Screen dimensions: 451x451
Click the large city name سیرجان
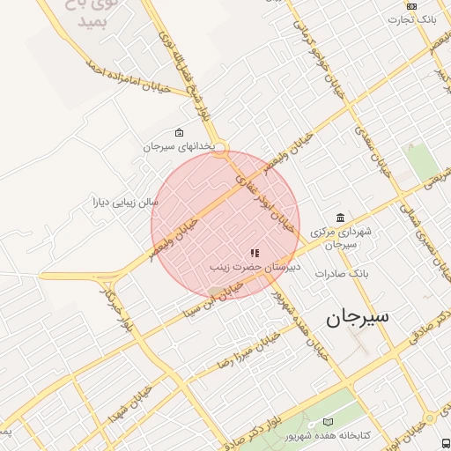point(358,318)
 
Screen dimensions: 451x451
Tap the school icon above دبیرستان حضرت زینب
point(255,253)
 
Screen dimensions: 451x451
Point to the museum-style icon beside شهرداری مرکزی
point(340,218)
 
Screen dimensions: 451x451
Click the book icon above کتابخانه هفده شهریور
point(329,423)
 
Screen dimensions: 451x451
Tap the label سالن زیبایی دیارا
point(126,202)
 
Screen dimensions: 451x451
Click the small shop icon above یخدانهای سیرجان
point(180,133)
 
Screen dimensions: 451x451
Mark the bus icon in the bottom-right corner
point(445,442)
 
